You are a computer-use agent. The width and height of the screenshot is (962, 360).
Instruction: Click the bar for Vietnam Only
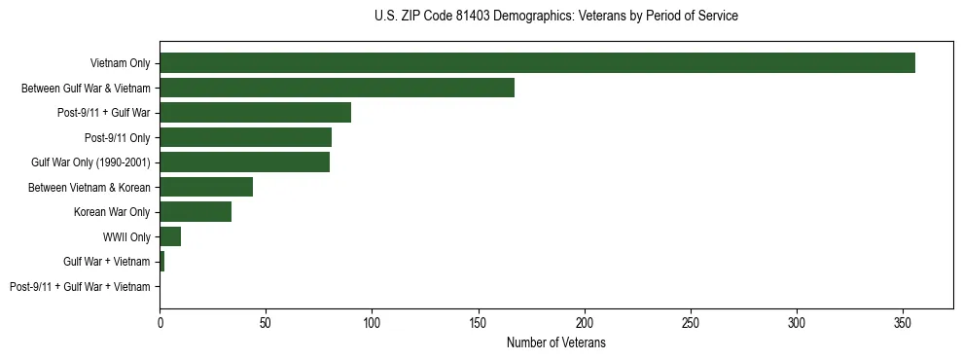coord(537,63)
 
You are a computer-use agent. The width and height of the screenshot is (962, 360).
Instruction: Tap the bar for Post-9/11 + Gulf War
coord(255,113)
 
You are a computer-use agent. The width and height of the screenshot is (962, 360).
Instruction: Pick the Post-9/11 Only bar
coord(245,137)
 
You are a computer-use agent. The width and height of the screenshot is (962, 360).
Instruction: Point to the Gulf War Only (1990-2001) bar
coord(244,162)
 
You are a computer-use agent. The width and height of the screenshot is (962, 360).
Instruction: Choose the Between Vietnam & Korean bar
coord(206,187)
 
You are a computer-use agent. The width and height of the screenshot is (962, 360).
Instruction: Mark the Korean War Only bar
coord(196,212)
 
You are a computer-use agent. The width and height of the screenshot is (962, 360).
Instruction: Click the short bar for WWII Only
coord(170,236)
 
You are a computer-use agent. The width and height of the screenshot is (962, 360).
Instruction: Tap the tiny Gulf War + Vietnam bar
coord(161,262)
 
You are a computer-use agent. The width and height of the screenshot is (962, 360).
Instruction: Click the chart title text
coord(555,17)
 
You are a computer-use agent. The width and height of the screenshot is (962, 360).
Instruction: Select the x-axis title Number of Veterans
coord(555,342)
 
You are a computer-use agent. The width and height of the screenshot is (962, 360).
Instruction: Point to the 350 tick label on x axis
coord(903,321)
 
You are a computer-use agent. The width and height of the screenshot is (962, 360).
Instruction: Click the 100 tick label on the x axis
coord(372,321)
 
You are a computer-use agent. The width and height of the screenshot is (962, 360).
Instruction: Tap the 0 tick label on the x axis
coord(160,321)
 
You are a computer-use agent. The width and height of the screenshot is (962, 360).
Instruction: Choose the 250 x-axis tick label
coord(691,321)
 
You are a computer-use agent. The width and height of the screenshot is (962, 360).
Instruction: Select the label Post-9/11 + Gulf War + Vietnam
coord(80,287)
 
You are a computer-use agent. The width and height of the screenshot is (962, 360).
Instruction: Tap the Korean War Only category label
coord(112,212)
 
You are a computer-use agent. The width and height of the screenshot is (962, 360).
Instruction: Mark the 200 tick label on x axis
coord(585,321)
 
